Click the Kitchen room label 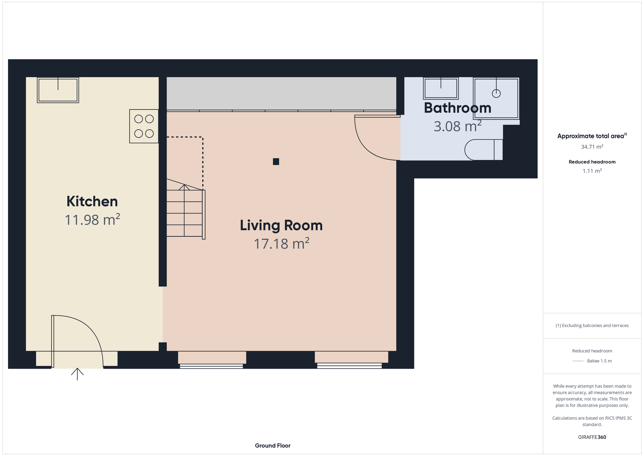(92, 201)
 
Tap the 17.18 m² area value (281, 244)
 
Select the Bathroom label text (458, 108)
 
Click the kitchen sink (58, 90)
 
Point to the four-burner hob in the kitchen (144, 126)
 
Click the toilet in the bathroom (484, 150)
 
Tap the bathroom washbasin (441, 88)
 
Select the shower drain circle (496, 94)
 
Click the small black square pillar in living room (276, 162)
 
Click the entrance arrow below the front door (77, 374)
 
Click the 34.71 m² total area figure (592, 147)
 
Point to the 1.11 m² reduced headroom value (592, 171)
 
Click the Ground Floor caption (273, 446)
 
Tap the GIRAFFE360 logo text (592, 437)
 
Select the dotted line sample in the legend (578, 361)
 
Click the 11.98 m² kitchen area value (92, 220)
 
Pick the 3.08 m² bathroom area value (458, 126)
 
